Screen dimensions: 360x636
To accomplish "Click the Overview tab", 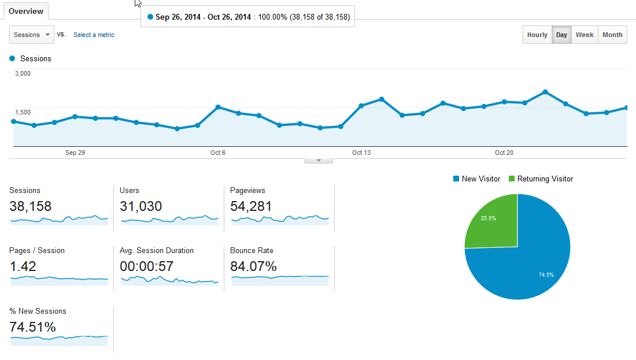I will tap(26, 11).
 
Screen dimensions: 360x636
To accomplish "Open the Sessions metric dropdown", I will tap(32, 35).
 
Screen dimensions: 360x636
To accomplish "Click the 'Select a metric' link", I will tap(94, 35).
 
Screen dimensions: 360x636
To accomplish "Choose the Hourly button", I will tap(537, 35).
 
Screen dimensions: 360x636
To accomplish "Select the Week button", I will tap(585, 35).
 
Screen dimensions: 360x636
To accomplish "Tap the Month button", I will tap(612, 35).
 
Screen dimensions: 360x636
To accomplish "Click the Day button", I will tap(561, 35).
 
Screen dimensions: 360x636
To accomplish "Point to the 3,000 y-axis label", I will tap(23, 73).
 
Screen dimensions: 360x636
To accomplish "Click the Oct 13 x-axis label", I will tap(361, 153).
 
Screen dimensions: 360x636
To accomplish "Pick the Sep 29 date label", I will tap(75, 153).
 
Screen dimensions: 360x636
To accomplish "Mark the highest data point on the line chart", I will tap(545, 92).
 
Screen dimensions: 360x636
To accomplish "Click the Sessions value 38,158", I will tap(31, 206).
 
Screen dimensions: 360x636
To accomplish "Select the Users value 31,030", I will tap(140, 206).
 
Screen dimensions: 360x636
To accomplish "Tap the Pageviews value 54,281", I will tap(251, 206).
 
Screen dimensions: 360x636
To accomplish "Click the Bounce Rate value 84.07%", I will tap(253, 266).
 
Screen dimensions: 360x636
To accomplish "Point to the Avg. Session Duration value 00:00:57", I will tap(146, 266).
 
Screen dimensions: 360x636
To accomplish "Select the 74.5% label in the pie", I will tap(546, 275).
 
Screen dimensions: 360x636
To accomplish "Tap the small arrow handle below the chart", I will tap(319, 161).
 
